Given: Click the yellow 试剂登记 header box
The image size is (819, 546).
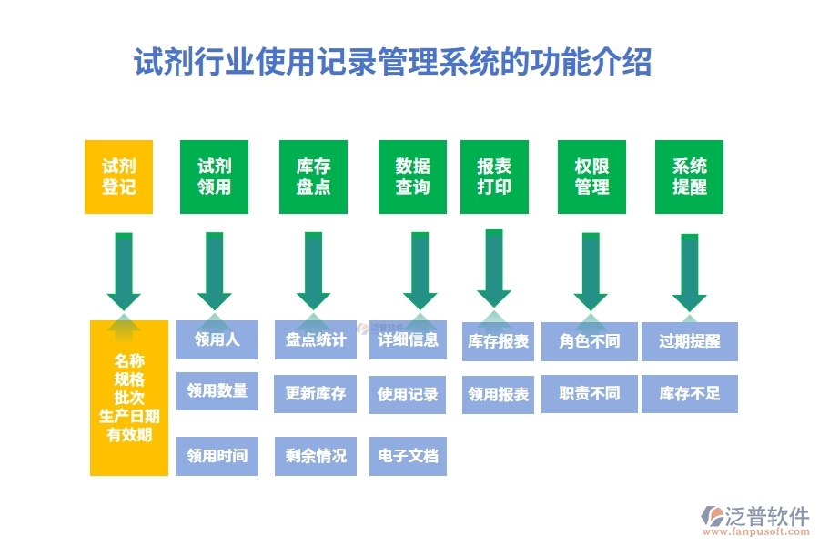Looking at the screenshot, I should click(x=118, y=177).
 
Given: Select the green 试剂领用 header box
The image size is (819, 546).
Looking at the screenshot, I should click(x=214, y=177).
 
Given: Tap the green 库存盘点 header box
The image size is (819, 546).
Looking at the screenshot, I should click(x=313, y=177).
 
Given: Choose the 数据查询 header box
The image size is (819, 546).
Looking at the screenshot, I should click(x=412, y=177).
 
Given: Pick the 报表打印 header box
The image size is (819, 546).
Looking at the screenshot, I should click(x=494, y=177).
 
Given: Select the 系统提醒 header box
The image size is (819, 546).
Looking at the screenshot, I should click(x=689, y=177).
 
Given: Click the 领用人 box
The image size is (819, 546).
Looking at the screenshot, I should click(x=217, y=339).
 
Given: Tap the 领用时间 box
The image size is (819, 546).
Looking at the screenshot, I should click(x=217, y=455).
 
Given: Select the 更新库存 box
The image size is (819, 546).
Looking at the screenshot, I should click(x=316, y=393).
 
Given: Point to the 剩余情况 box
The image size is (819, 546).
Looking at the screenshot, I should click(x=316, y=455).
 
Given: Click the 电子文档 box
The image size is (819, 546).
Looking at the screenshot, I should click(x=408, y=455).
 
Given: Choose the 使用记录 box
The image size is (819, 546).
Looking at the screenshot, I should click(x=408, y=394).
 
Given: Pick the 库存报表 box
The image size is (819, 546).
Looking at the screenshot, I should click(x=498, y=341).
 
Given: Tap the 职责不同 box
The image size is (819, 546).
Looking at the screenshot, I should click(x=590, y=393).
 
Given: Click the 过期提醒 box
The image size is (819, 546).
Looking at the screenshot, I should click(x=689, y=341).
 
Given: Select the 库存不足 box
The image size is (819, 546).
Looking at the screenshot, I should click(x=689, y=393).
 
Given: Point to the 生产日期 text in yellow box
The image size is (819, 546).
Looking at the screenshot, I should click(x=129, y=416).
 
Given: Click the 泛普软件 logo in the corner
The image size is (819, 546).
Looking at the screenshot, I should click(x=754, y=518).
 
